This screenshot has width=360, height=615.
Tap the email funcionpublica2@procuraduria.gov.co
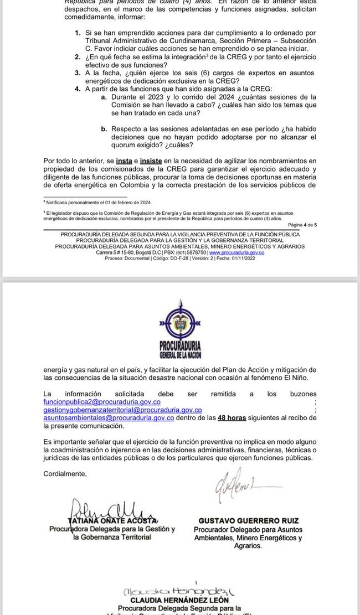pos(102,402)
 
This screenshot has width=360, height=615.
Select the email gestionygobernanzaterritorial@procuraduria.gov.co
pos(122,410)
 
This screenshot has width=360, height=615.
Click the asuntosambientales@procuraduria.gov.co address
pos(109,418)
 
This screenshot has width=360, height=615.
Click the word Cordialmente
pos(65,474)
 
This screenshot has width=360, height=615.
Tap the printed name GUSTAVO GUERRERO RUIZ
pos(248,521)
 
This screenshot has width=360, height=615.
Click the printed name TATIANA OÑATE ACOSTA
pos(112,521)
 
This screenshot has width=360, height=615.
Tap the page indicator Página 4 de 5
pos(302,225)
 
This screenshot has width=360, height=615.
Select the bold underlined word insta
pos(124,161)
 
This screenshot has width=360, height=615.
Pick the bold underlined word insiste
pos(151,161)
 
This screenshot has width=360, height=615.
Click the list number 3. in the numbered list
pos(78,73)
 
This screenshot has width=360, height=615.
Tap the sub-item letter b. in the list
pos(104,128)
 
